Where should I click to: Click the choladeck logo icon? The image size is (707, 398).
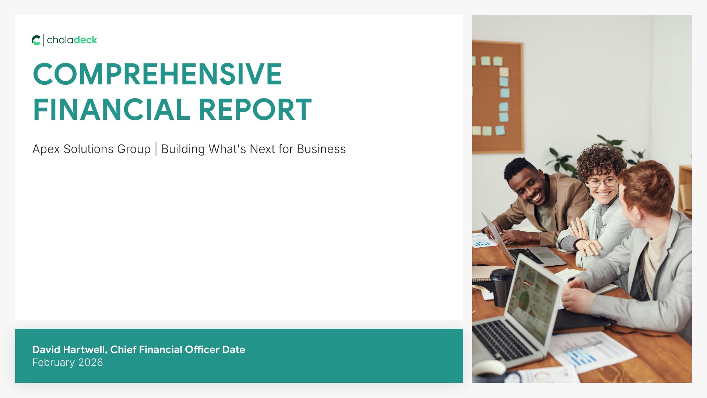point(36,40)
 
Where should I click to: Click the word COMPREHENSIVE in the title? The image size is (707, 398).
point(158,74)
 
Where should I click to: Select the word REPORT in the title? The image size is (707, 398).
point(255,109)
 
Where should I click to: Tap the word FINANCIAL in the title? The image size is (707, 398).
point(112,109)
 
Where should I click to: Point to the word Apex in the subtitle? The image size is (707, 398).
point(46,149)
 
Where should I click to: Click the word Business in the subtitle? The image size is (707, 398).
point(321,149)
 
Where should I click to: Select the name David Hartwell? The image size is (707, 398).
point(69,349)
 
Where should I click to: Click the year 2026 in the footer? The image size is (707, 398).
point(91,363)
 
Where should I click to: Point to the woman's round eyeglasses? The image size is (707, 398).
point(602,182)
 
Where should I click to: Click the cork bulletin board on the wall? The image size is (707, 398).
point(497,97)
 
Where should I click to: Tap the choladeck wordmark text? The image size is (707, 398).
point(72,40)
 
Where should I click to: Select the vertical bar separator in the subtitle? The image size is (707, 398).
point(156,149)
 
